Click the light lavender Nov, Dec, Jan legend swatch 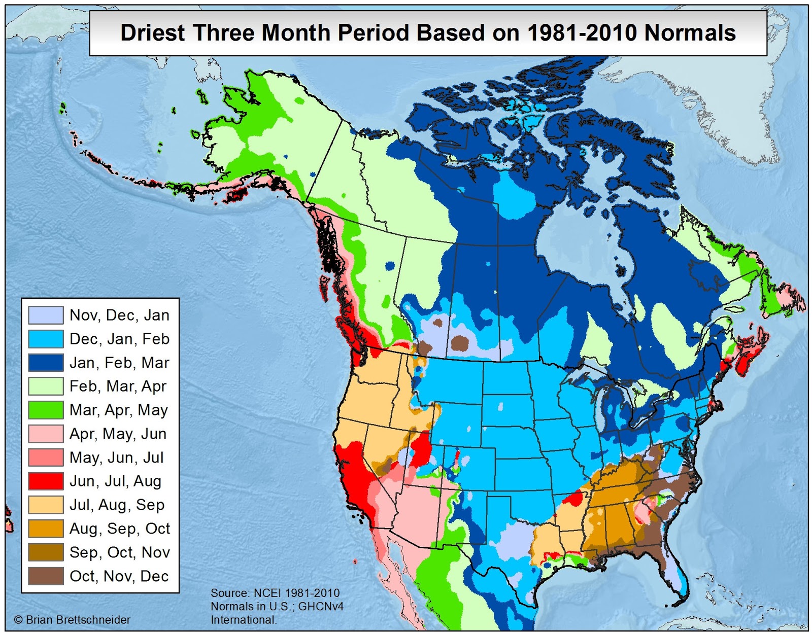(x=46, y=315)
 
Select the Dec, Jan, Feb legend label (x=119, y=339)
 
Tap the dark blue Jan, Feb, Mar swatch (x=46, y=363)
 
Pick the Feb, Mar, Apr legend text (x=118, y=386)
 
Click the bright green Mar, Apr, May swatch (x=46, y=410)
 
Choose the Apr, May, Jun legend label (x=118, y=434)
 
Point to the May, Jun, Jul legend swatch (x=46, y=457)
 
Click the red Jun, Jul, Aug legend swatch (x=46, y=481)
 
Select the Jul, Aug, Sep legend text (x=117, y=505)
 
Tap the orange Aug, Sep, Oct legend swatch (x=46, y=528)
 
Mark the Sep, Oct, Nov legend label (x=119, y=552)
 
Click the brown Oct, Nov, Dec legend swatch (x=46, y=576)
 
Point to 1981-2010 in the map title (x=582, y=33)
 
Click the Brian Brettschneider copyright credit (x=72, y=620)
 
